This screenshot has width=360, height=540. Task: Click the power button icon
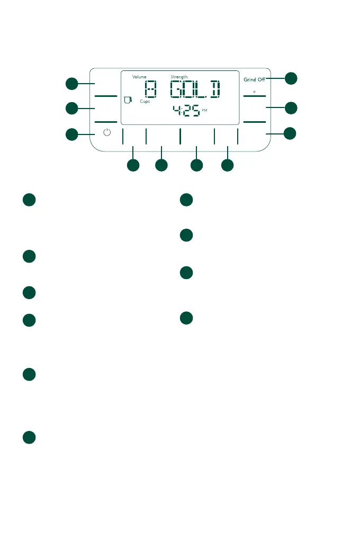point(107,133)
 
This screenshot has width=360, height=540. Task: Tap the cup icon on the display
point(127,99)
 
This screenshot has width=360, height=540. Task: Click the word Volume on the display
point(139,77)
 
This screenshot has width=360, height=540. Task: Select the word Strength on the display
point(179,77)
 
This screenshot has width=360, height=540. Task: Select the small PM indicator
point(205,111)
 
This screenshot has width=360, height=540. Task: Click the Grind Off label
point(254,80)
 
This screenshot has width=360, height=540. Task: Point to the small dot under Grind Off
point(254,92)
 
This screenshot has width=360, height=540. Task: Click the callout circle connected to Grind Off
point(291,78)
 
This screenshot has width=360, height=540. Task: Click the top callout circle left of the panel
point(72,83)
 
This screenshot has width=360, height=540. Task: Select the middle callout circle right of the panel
point(291,108)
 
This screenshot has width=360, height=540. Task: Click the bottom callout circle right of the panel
point(290,133)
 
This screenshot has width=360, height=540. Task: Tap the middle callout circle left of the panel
point(72,109)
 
